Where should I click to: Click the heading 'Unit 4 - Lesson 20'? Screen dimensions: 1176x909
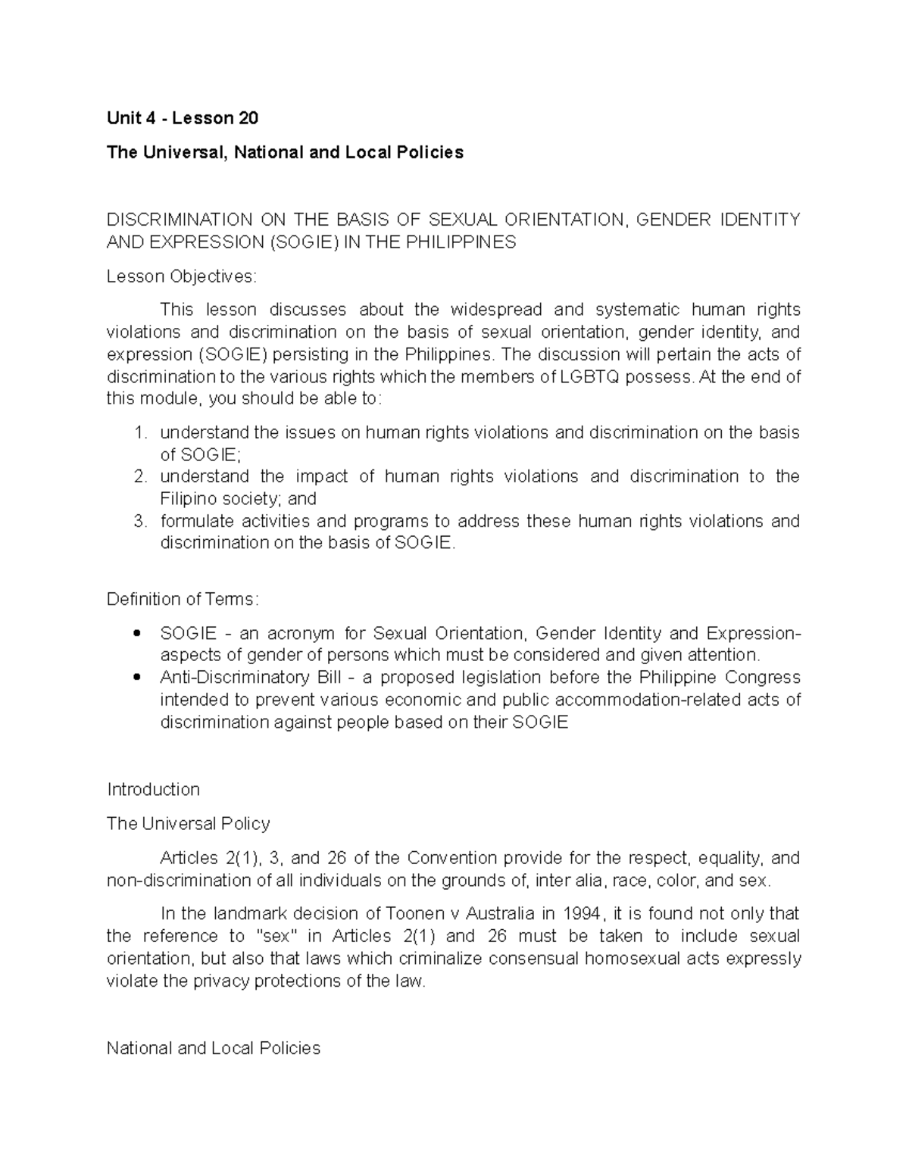(183, 118)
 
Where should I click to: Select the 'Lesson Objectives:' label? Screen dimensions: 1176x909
(182, 276)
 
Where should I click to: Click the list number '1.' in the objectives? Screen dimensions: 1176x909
(139, 432)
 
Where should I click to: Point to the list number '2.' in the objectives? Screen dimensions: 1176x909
(139, 476)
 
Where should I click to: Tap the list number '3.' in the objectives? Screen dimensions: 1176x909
(139, 521)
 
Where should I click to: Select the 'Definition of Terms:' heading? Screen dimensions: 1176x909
(183, 599)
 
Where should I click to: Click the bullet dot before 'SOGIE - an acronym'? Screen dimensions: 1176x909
(136, 633)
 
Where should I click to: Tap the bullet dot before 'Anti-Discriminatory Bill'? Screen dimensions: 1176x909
(136, 677)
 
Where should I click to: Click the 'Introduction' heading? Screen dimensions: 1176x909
(153, 789)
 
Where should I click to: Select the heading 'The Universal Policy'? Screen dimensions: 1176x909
(188, 823)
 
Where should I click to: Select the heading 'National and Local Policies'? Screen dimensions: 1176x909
(214, 1048)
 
